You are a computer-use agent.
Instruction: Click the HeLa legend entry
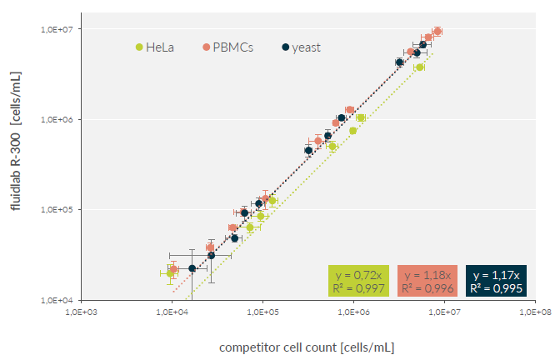154,47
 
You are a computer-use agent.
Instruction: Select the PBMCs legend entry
227,47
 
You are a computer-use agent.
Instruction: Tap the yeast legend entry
301,47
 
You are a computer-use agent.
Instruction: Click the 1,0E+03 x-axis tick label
81,312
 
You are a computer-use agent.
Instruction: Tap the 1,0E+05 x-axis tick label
262,312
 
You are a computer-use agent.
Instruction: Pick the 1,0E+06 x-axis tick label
354,312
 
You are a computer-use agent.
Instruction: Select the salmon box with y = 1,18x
427,282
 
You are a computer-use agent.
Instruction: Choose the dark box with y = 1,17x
497,282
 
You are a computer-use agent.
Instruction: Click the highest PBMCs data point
437,32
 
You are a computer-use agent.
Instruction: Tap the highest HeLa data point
419,67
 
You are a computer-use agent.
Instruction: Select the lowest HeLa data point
171,272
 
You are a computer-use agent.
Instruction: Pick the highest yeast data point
422,45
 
